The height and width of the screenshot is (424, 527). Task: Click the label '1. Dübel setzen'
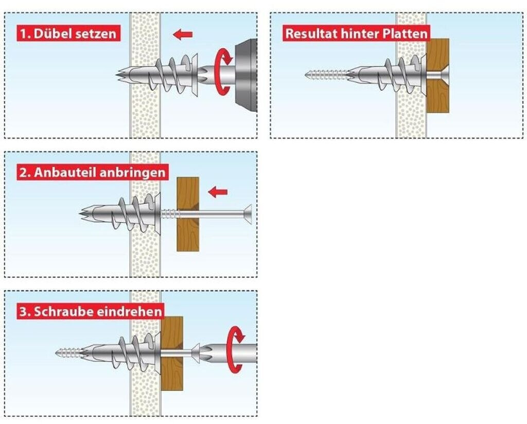point(68,34)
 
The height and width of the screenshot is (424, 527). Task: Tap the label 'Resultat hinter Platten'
point(356,34)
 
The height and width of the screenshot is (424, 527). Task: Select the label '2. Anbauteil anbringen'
point(93,172)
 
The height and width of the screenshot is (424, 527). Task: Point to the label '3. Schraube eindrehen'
point(91,312)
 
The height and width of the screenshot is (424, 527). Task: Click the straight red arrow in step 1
point(183,34)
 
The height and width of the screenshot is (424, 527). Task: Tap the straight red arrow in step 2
point(218,192)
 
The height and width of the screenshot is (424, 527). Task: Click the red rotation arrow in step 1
point(223,72)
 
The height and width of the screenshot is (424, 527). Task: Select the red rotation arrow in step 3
point(236,348)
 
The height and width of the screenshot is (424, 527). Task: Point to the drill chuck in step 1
point(246,75)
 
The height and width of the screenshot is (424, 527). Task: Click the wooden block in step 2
point(188,214)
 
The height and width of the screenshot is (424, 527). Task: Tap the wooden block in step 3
point(172,352)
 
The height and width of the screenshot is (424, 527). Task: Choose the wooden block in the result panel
point(437,75)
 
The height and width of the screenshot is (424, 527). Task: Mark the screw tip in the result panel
point(307,75)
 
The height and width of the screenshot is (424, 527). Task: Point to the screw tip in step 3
point(58,352)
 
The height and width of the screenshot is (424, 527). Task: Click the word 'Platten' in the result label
point(409,34)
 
